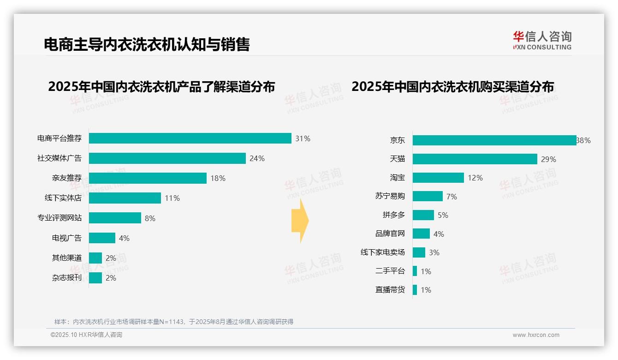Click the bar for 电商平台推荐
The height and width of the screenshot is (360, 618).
click(x=190, y=138)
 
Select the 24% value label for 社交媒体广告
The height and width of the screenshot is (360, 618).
click(x=257, y=158)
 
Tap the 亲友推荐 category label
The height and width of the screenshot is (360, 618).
click(x=66, y=178)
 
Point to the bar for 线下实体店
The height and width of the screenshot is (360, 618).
click(x=125, y=198)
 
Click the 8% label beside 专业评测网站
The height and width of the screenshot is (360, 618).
click(x=150, y=218)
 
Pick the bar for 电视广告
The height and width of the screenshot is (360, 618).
click(x=102, y=238)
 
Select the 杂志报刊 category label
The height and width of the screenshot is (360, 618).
click(x=66, y=278)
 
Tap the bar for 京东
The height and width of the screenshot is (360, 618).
click(x=494, y=140)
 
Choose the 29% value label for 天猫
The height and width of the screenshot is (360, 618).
click(x=548, y=159)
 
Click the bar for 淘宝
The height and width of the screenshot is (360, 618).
click(x=438, y=178)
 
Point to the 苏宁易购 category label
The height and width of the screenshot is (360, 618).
click(x=390, y=196)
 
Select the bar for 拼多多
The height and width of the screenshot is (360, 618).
click(x=423, y=215)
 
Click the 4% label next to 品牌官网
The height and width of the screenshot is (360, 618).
click(x=439, y=234)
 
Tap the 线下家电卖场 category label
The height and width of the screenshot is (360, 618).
click(x=382, y=252)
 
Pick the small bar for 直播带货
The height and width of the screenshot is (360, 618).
click(x=415, y=290)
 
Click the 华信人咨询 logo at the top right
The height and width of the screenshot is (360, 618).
click(x=542, y=40)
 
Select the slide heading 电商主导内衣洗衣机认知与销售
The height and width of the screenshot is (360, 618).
click(x=147, y=45)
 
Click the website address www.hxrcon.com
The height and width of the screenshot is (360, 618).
click(x=536, y=335)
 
